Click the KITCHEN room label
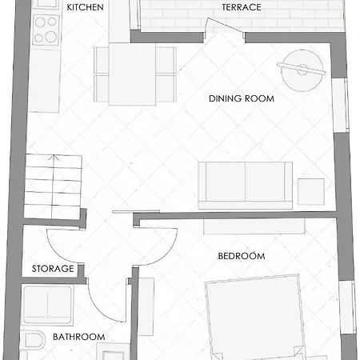click(x=85, y=7)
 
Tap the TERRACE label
click(x=242, y=7)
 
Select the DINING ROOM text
click(x=242, y=98)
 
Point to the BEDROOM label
click(x=242, y=256)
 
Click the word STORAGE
click(x=53, y=269)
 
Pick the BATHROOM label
click(x=79, y=337)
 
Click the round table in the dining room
click(x=302, y=70)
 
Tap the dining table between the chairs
click(x=132, y=74)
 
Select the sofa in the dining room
click(x=246, y=186)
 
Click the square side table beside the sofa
click(x=311, y=192)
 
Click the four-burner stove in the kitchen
click(x=46, y=30)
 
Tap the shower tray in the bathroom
click(x=47, y=306)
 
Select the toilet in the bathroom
click(x=34, y=341)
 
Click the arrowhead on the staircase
click(x=54, y=158)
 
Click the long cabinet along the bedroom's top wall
click(x=254, y=226)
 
